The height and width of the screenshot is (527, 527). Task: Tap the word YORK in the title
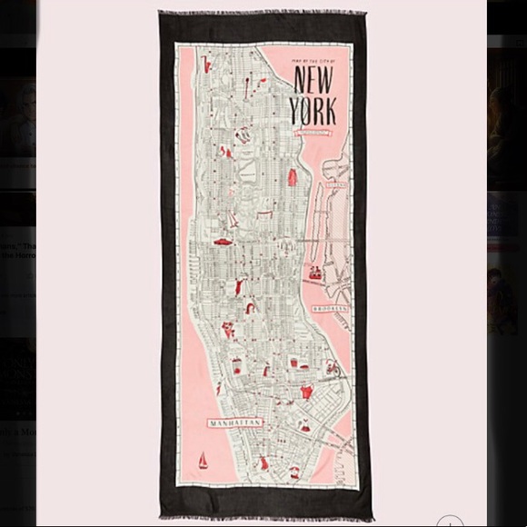313,109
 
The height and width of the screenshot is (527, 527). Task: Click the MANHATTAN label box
235,423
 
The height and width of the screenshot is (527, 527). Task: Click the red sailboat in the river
203,461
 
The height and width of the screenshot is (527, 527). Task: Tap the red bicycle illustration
332,368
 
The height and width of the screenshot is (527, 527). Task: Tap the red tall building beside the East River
293,176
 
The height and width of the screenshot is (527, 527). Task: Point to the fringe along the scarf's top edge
263,14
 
